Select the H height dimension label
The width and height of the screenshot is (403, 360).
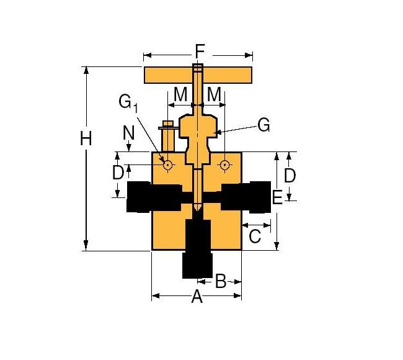[x=86, y=139]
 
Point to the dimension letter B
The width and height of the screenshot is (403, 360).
[x=220, y=281]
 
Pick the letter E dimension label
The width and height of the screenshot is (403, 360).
[x=277, y=197]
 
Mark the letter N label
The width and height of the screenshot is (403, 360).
[x=129, y=132]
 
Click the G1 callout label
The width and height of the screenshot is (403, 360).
[x=128, y=103]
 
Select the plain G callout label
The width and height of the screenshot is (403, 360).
[x=263, y=125]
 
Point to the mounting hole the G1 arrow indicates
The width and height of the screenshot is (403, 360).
[x=167, y=164]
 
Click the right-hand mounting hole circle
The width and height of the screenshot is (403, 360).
[x=224, y=164]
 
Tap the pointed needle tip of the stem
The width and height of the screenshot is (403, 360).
[x=197, y=207]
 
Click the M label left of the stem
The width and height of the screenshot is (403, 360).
[x=180, y=94]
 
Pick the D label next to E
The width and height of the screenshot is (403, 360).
[x=290, y=175]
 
